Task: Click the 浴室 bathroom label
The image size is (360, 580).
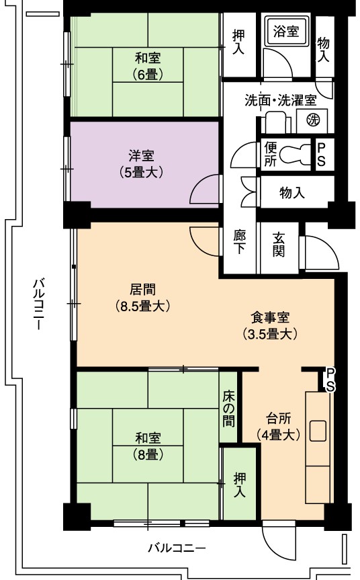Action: pyautogui.click(x=285, y=31)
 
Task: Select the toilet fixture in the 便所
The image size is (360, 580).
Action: pyautogui.click(x=295, y=154)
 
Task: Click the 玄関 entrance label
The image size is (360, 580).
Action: pyautogui.click(x=279, y=245)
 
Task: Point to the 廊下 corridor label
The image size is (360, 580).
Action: pyautogui.click(x=240, y=242)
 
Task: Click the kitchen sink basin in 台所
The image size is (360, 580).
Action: pyautogui.click(x=318, y=431)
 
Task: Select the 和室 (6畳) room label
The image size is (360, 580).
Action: pyautogui.click(x=148, y=67)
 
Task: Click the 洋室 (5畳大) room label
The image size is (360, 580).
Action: pyautogui.click(x=141, y=164)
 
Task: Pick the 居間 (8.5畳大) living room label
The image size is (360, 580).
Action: pyautogui.click(x=142, y=298)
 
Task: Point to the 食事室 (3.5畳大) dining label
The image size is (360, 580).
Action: pyautogui.click(x=270, y=325)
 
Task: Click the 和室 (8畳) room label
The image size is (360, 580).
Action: pyautogui.click(x=148, y=446)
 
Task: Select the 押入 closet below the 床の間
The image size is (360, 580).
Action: pyautogui.click(x=240, y=485)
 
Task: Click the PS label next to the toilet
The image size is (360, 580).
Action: pyautogui.click(x=321, y=155)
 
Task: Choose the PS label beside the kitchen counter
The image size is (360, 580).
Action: pyautogui.click(x=330, y=380)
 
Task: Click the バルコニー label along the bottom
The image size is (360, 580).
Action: pyautogui.click(x=177, y=548)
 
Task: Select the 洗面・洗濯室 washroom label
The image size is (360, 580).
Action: pyautogui.click(x=281, y=101)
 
